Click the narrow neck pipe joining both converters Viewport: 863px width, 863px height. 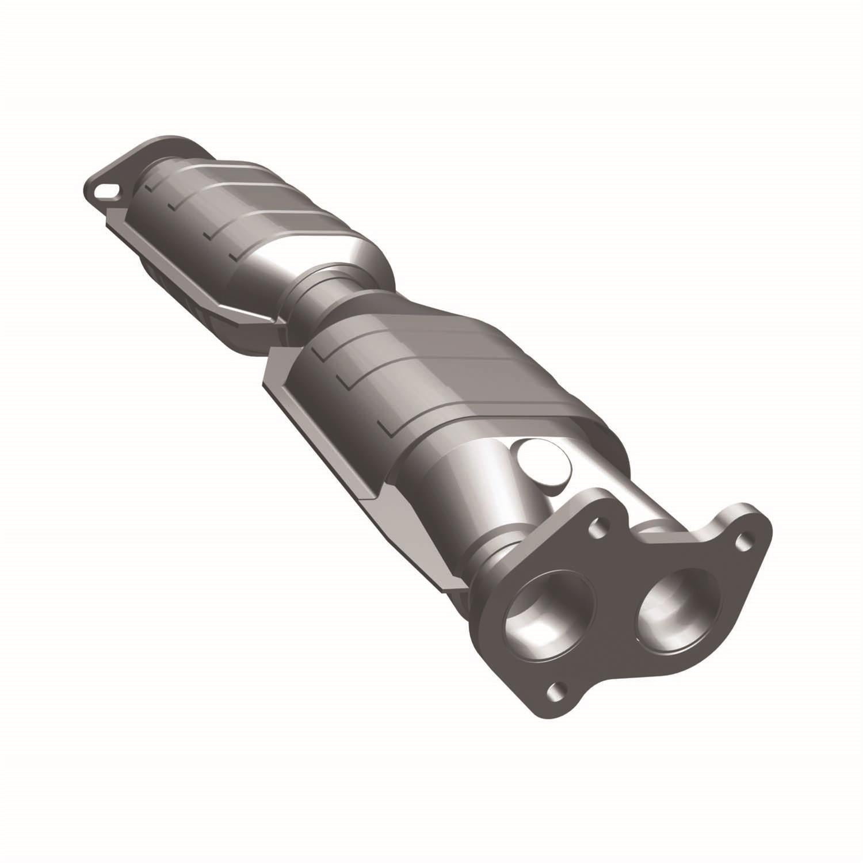pos(322,293)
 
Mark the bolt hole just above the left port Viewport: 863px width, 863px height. pos(600,525)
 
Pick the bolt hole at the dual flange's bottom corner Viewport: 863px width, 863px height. pos(555,689)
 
